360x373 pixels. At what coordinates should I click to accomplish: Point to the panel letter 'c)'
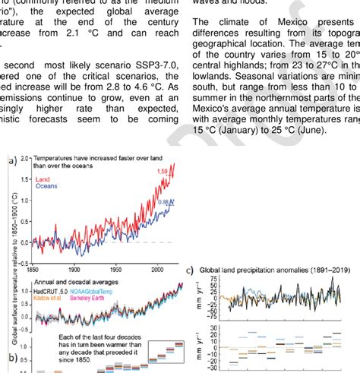[x=190, y=270]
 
